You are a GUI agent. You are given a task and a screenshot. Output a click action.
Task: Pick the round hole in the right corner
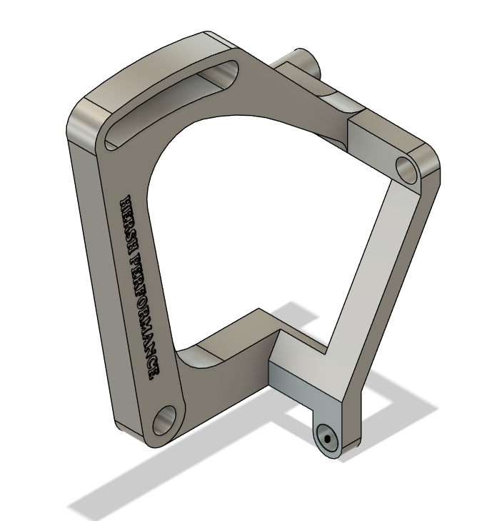[x=406, y=169]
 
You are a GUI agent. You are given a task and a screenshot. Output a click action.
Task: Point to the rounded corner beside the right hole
[x=433, y=164]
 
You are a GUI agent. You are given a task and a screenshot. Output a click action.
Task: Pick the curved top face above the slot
[x=150, y=64]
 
